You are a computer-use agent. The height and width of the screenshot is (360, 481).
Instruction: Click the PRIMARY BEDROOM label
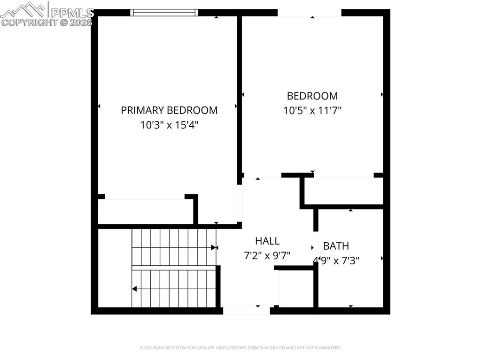click(x=169, y=110)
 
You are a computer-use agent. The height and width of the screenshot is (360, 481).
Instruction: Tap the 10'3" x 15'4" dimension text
click(x=169, y=125)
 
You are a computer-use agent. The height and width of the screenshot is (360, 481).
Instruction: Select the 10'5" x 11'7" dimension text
click(x=312, y=111)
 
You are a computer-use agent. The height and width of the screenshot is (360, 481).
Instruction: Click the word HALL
click(x=267, y=241)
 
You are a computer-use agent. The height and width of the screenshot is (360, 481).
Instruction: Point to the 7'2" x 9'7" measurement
click(x=267, y=256)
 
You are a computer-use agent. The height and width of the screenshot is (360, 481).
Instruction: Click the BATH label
click(x=336, y=246)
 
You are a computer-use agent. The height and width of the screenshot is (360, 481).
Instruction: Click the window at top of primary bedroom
click(x=164, y=13)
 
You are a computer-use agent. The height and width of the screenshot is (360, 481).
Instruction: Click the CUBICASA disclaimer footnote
click(x=240, y=348)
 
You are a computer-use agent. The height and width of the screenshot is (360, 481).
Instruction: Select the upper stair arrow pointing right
click(x=214, y=247)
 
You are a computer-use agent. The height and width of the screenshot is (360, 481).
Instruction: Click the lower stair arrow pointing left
click(x=134, y=289)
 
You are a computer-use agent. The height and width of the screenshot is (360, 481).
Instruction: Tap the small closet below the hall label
click(x=296, y=289)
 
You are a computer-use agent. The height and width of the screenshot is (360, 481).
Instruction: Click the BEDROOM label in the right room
click(x=312, y=96)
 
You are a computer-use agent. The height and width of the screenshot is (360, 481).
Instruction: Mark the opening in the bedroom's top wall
click(x=310, y=13)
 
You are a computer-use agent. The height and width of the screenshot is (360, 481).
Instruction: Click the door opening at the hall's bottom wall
click(x=246, y=310)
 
